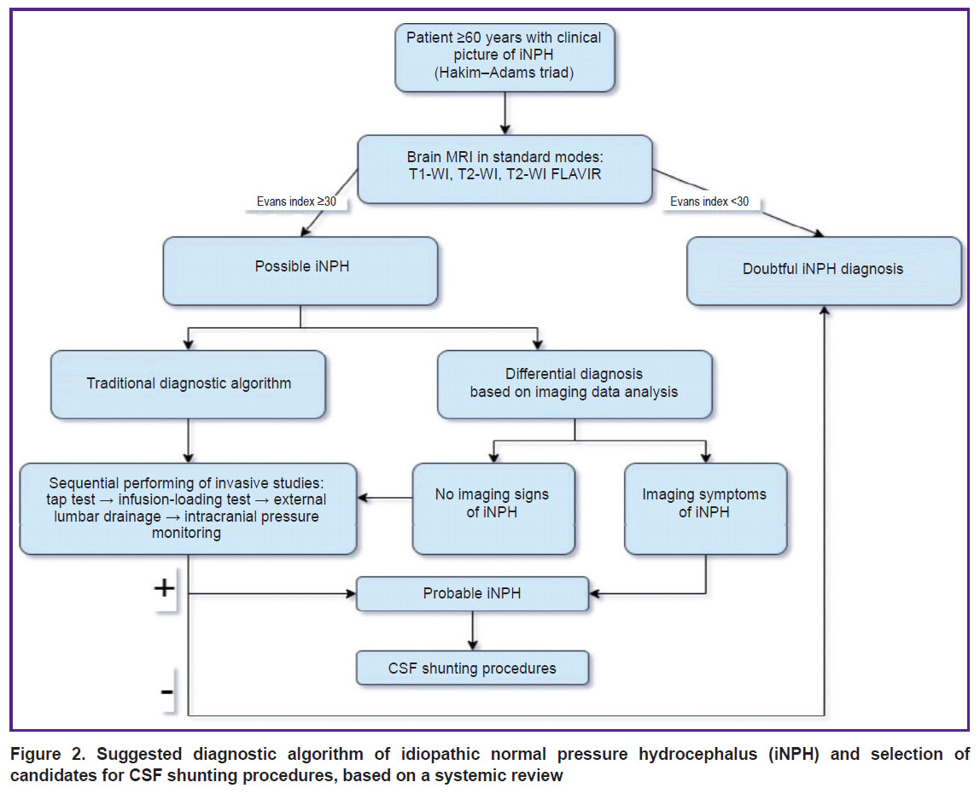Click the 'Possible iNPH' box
[x=300, y=271]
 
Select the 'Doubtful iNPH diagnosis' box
[x=824, y=271]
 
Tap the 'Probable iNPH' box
[x=473, y=593]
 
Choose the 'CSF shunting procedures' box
[x=473, y=668]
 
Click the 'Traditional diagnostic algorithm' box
[x=188, y=384]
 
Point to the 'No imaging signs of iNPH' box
[x=493, y=508]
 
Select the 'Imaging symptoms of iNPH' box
[x=706, y=508]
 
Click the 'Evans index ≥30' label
[x=296, y=201]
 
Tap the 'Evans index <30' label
[x=709, y=201]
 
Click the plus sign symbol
[x=165, y=587]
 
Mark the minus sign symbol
[x=166, y=692]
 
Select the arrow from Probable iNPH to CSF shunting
[x=473, y=631]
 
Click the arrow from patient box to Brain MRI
[x=505, y=114]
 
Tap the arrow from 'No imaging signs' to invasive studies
[x=385, y=499]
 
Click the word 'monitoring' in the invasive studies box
[x=186, y=534]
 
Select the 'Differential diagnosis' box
[x=575, y=384]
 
